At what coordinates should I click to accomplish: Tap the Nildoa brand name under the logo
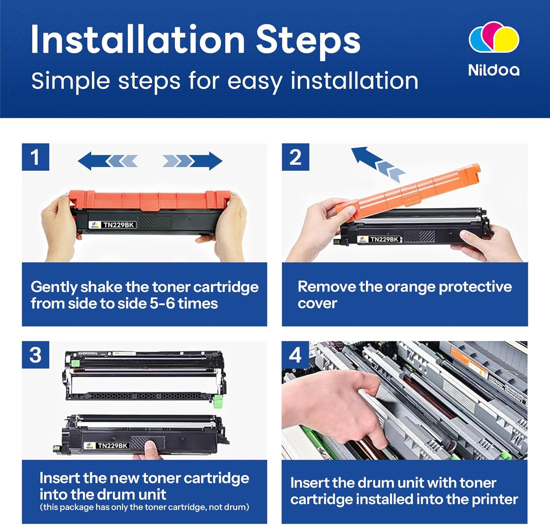(493, 70)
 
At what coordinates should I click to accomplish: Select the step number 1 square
(36, 157)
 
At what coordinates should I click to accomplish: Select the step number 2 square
(295, 157)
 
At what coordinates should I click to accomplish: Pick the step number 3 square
(36, 355)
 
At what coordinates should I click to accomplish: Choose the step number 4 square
(295, 355)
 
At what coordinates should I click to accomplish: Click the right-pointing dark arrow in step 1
(206, 161)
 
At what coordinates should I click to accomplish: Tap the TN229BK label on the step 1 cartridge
(118, 225)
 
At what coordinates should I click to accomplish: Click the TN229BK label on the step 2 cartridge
(384, 239)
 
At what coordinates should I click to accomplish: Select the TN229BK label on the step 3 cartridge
(113, 445)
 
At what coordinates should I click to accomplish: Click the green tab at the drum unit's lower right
(218, 401)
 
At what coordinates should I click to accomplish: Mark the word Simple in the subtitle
(71, 81)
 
